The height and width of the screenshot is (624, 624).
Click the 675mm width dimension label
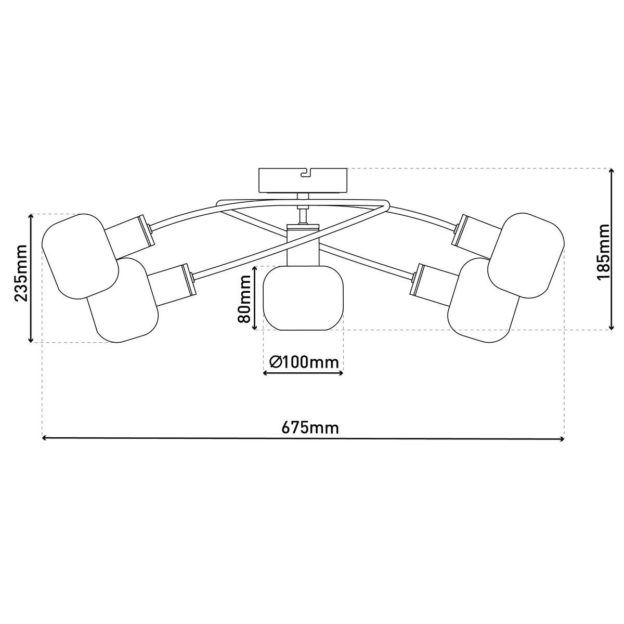point(310,428)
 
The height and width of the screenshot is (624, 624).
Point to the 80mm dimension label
point(244,298)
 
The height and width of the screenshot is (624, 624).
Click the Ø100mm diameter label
point(304,362)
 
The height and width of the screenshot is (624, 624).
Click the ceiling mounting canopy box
point(303,180)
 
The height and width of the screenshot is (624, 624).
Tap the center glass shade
point(303,298)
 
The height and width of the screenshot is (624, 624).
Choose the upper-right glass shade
point(526,255)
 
